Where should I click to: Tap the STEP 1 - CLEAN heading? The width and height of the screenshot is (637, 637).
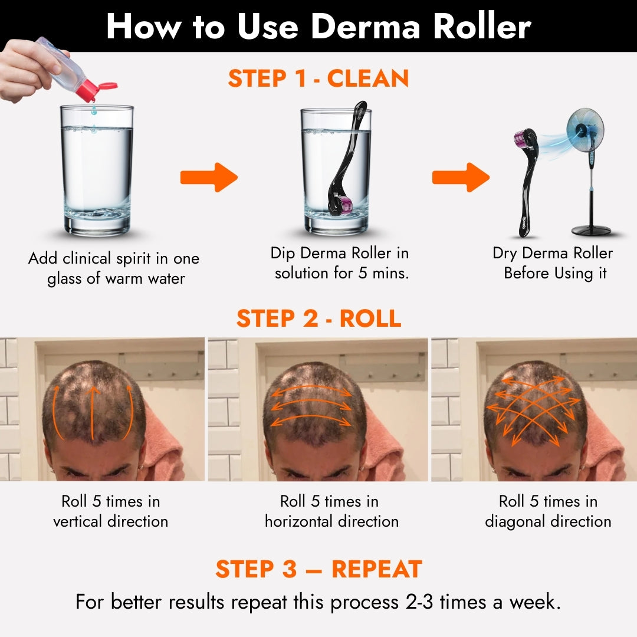tap(318, 78)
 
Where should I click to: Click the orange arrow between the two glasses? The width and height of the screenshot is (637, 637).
tap(209, 177)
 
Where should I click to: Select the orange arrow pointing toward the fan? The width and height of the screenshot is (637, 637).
tap(461, 177)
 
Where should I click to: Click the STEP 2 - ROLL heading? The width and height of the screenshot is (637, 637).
tap(318, 318)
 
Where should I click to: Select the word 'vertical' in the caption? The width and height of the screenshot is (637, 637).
tap(78, 521)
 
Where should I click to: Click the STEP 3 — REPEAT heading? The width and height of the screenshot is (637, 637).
tap(318, 569)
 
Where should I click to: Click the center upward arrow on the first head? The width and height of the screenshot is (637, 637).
tap(92, 413)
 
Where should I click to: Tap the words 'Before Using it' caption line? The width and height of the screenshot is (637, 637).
tap(555, 274)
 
